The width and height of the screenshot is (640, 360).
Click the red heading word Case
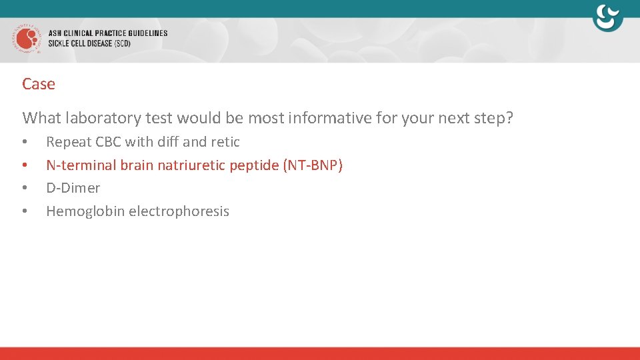(x=39, y=84)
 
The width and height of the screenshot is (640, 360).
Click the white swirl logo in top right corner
(x=607, y=18)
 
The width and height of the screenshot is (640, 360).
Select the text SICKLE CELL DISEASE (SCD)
(x=89, y=43)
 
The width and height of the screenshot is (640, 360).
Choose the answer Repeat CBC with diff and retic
(x=143, y=141)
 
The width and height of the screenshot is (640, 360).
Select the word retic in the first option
(x=225, y=141)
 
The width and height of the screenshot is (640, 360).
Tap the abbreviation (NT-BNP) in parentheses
(x=313, y=165)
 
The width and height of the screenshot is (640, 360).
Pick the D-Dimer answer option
(x=73, y=188)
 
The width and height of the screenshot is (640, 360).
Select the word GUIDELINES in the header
(x=143, y=33)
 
